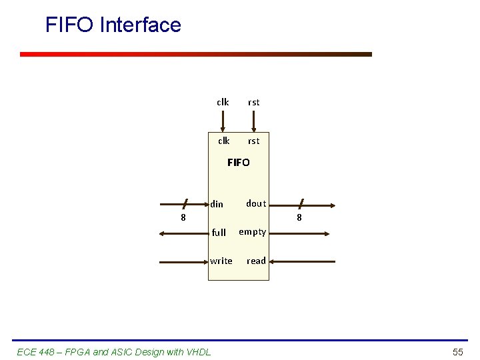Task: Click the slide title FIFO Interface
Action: pyautogui.click(x=113, y=25)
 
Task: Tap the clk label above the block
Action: pyautogui.click(x=223, y=102)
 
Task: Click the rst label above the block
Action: pyautogui.click(x=254, y=102)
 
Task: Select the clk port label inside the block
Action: pyautogui.click(x=224, y=141)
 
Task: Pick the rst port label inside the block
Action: pyautogui.click(x=254, y=141)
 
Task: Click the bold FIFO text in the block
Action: pyautogui.click(x=239, y=162)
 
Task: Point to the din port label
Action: pyautogui.click(x=217, y=204)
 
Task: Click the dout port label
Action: pyautogui.click(x=256, y=203)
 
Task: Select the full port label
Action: pyautogui.click(x=219, y=233)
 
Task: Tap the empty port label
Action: pyautogui.click(x=253, y=232)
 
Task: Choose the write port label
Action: pyautogui.click(x=221, y=261)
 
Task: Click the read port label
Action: pyautogui.click(x=256, y=261)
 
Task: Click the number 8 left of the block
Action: pyautogui.click(x=183, y=217)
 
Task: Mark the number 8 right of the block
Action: pyautogui.click(x=299, y=217)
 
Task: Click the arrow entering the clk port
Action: pyautogui.click(x=223, y=121)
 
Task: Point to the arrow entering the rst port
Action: pyautogui.click(x=254, y=121)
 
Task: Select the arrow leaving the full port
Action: pyautogui.click(x=183, y=233)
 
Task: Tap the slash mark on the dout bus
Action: pyautogui.click(x=301, y=203)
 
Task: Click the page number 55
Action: pyautogui.click(x=457, y=351)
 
